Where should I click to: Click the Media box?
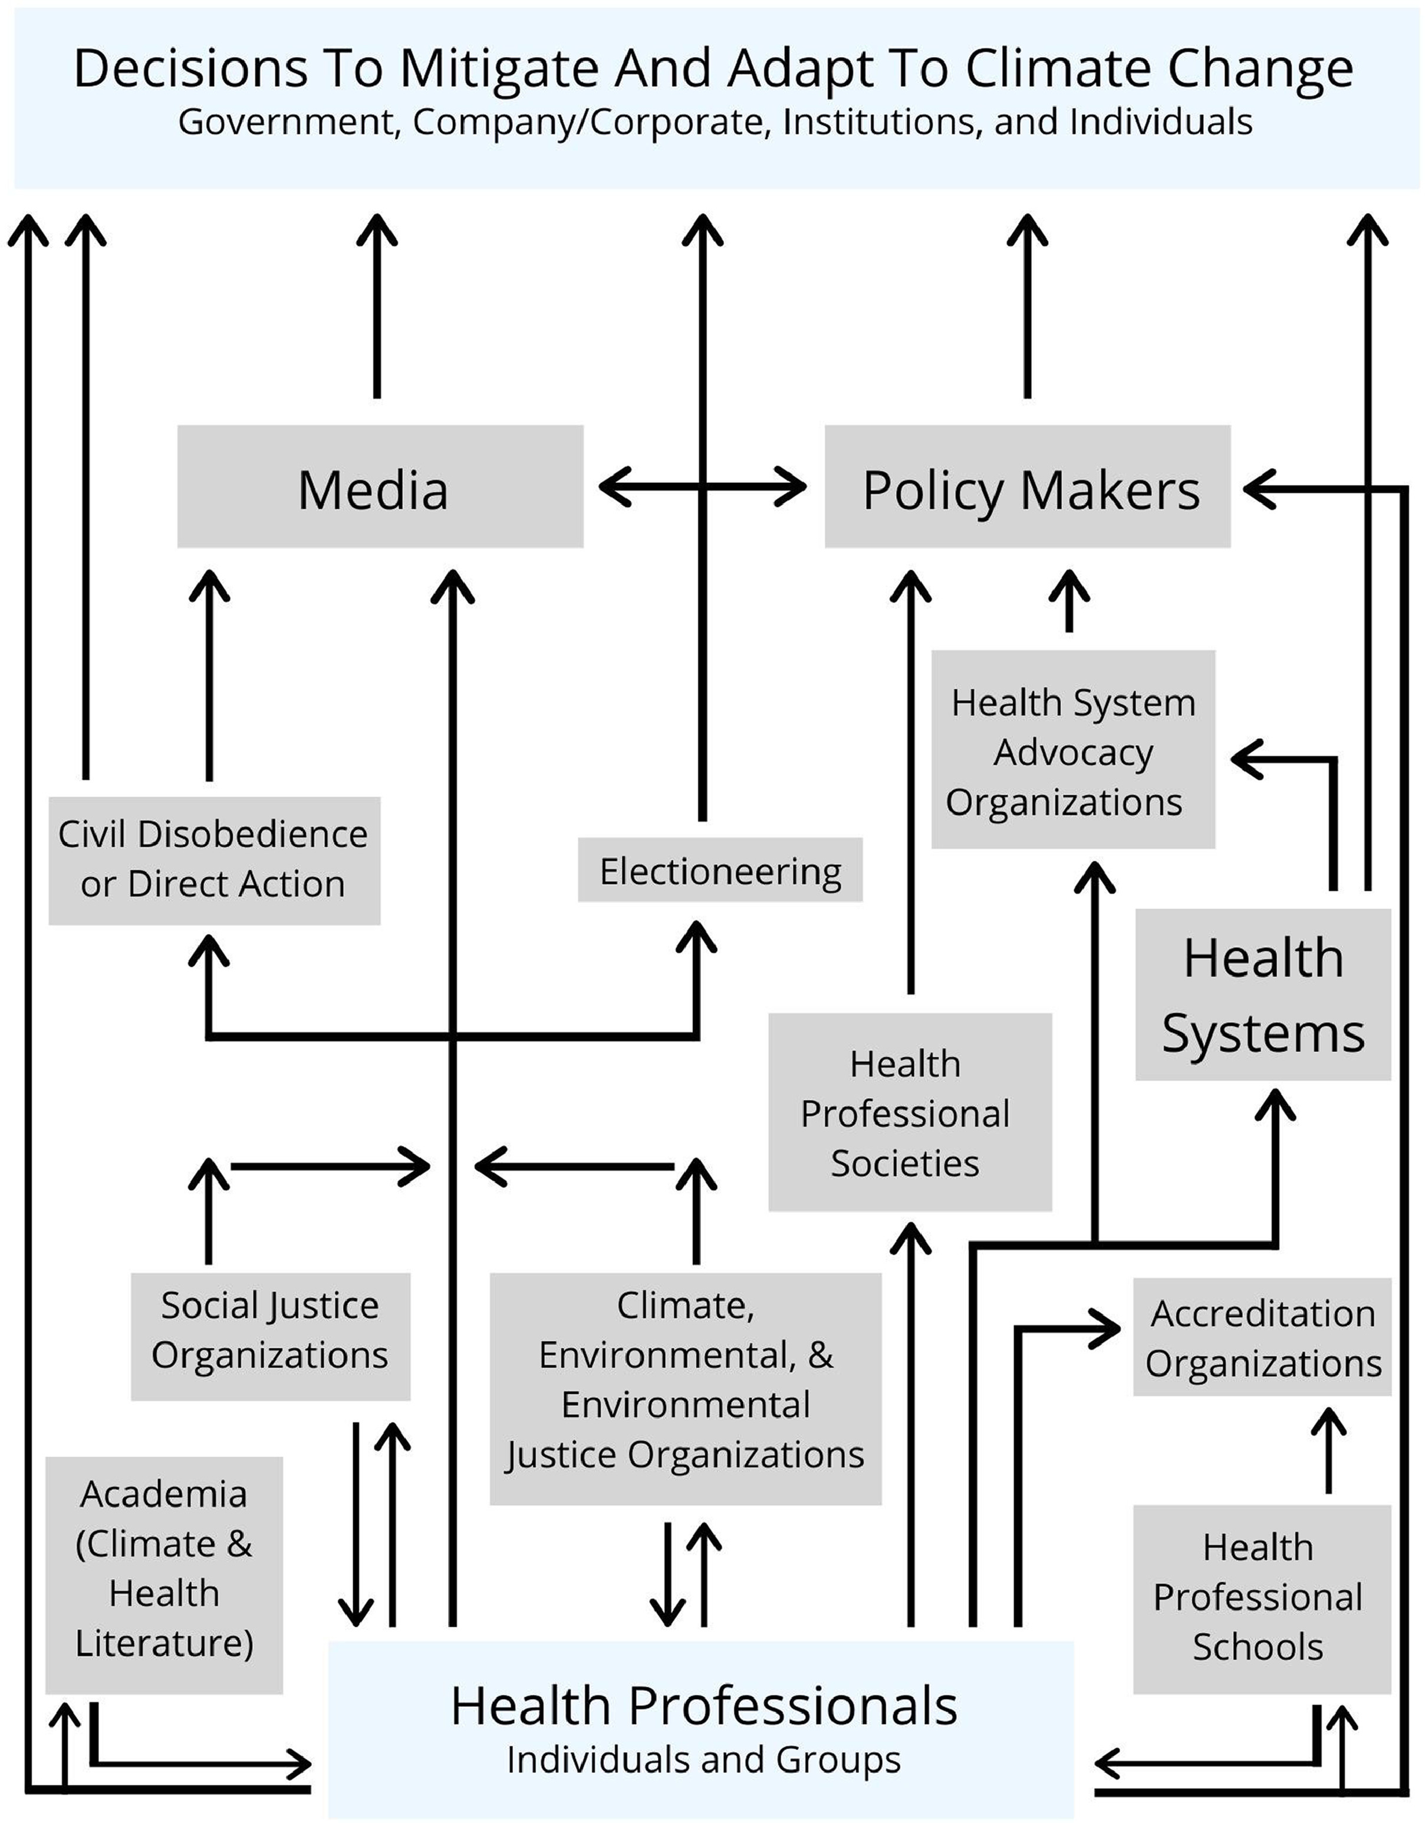coord(380,486)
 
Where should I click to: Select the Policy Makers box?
coord(1027,486)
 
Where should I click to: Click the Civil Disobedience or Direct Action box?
coord(213,860)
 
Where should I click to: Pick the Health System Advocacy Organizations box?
coord(1072,749)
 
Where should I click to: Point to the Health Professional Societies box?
coord(909,1113)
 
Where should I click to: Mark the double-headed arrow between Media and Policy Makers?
coord(703,486)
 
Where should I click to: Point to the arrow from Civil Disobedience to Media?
coord(209,676)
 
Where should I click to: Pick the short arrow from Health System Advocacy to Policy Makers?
coord(1069,601)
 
